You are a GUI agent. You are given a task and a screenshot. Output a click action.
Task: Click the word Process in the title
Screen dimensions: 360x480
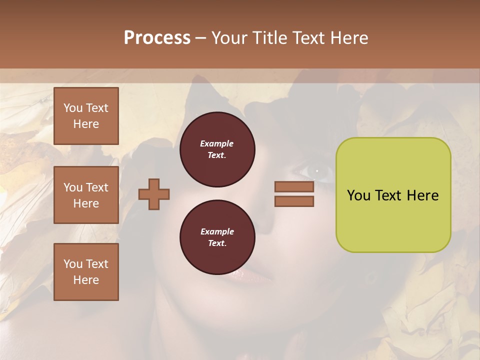[157, 38]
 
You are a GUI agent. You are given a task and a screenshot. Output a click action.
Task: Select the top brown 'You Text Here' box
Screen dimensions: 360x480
[86, 116]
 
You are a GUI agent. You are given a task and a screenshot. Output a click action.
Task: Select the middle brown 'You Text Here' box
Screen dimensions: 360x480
[86, 195]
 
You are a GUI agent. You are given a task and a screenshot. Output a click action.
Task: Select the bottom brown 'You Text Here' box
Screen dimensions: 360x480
[86, 271]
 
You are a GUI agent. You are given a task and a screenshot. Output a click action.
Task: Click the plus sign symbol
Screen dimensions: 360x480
[154, 194]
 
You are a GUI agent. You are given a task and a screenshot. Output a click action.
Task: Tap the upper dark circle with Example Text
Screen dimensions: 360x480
[217, 149]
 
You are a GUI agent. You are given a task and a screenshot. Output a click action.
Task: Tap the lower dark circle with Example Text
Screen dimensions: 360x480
[217, 237]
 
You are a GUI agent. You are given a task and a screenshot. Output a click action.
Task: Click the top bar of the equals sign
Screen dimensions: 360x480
[294, 187]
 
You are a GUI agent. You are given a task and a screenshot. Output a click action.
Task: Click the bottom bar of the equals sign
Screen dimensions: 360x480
[294, 201]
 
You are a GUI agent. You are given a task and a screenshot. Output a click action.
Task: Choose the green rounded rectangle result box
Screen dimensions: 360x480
[393, 195]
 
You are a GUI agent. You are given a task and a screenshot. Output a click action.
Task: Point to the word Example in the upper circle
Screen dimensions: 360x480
[217, 144]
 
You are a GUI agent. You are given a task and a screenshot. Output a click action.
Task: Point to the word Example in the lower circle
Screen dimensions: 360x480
[217, 232]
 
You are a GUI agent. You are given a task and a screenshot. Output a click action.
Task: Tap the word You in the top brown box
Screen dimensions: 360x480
[73, 108]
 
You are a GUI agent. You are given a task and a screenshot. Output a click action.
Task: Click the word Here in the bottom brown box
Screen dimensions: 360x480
[86, 280]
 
